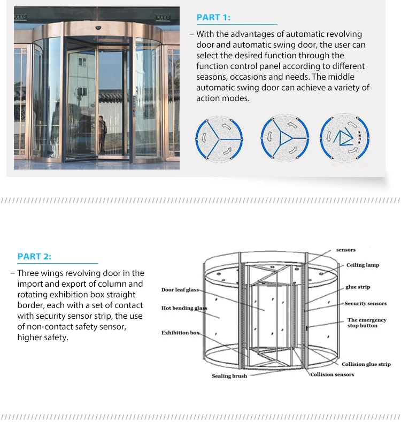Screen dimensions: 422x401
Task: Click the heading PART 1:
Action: pyautogui.click(x=213, y=18)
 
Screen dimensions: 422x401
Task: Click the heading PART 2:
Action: pyautogui.click(x=34, y=257)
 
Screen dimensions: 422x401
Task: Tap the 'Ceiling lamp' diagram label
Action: pyautogui.click(x=363, y=265)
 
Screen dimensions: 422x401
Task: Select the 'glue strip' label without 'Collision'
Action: pyautogui.click(x=358, y=287)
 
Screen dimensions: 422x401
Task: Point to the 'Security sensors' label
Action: pyautogui.click(x=365, y=304)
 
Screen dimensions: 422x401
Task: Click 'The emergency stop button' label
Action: pyautogui.click(x=367, y=323)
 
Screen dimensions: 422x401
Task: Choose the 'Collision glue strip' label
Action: pyautogui.click(x=366, y=364)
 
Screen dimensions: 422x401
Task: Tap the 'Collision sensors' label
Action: pyautogui.click(x=332, y=374)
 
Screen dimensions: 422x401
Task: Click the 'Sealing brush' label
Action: pyautogui.click(x=229, y=377)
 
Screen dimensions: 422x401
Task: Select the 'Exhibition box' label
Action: pyautogui.click(x=180, y=333)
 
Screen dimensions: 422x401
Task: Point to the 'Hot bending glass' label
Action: pyautogui.click(x=183, y=309)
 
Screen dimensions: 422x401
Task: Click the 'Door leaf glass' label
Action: pyautogui.click(x=180, y=290)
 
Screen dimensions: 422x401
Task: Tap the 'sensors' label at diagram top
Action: pyautogui.click(x=345, y=250)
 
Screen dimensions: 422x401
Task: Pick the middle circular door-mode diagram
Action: pyautogui.click(x=285, y=138)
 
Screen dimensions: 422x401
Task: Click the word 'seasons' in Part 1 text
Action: pyautogui.click(x=211, y=77)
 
